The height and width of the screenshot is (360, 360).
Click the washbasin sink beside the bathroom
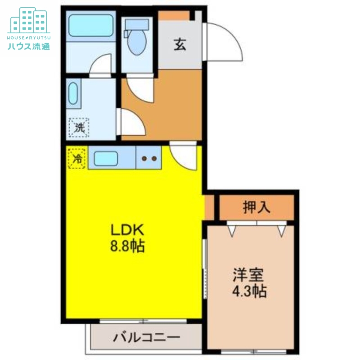tap(73, 94)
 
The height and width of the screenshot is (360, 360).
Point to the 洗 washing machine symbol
tap(79, 127)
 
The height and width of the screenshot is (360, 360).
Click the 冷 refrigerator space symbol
tap(77, 158)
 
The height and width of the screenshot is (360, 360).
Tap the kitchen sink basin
tap(106, 158)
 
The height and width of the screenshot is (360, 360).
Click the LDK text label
tap(127, 230)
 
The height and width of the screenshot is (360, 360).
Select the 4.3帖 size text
tap(249, 291)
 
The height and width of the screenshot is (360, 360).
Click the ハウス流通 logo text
tap(29, 45)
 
